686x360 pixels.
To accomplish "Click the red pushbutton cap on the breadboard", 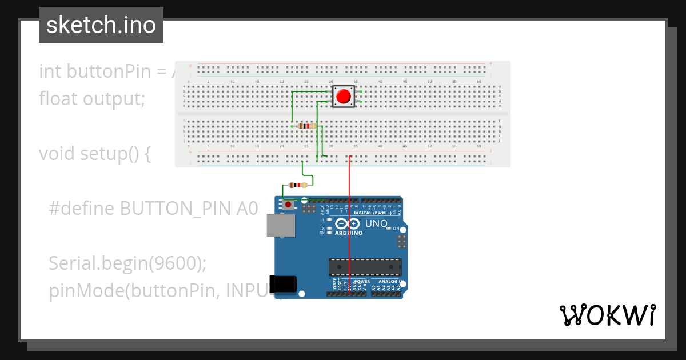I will [x=343, y=96].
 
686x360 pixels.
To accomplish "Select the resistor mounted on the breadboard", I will [x=307, y=126].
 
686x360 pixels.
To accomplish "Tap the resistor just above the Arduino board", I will [x=297, y=185].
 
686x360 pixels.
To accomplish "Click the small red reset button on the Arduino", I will [x=288, y=204].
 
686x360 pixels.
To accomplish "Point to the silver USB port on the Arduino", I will [x=281, y=226].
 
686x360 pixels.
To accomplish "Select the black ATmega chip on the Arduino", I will [x=365, y=267].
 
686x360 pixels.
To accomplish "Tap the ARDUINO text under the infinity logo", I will [x=348, y=233].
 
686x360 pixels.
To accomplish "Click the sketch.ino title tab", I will [x=101, y=25].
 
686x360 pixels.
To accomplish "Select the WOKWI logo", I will [x=607, y=315].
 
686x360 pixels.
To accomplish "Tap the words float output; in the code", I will [x=92, y=99].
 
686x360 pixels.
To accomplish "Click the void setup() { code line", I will [x=94, y=154].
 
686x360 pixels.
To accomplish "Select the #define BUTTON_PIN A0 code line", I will [x=153, y=209].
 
